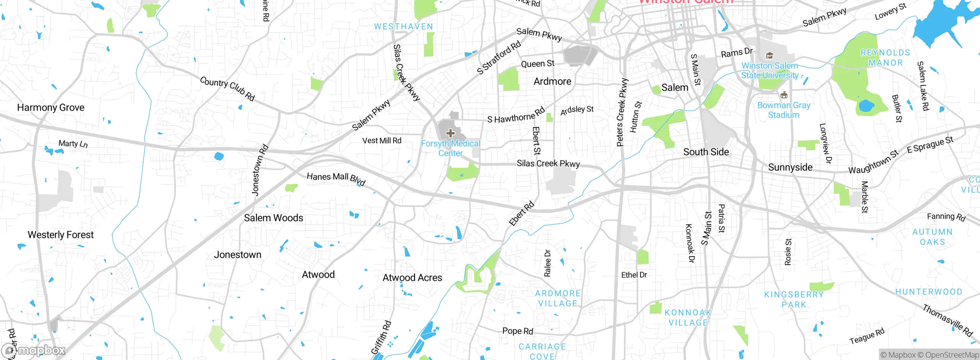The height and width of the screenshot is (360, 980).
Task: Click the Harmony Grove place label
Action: [51, 108]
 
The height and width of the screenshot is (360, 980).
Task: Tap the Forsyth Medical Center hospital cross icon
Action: [451, 133]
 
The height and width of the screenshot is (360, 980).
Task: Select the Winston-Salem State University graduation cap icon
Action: [769, 56]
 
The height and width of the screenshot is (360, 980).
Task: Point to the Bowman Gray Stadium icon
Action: [784, 95]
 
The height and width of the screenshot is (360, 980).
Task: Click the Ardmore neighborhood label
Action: [552, 82]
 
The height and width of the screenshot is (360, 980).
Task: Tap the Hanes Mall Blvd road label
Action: [336, 178]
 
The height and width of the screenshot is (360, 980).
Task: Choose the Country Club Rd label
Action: [227, 88]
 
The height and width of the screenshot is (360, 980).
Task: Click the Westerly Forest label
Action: [60, 235]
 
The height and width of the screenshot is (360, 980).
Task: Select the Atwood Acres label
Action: [412, 278]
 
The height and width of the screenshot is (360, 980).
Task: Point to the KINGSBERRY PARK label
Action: [794, 299]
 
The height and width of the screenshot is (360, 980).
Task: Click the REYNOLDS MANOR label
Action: [885, 58]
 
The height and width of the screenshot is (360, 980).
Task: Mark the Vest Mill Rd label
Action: [382, 141]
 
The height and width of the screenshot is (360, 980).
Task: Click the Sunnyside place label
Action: [790, 167]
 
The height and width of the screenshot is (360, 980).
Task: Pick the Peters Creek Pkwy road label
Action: [622, 113]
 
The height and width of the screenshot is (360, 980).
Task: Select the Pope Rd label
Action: [518, 331]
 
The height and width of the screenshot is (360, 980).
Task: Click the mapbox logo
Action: [34, 350]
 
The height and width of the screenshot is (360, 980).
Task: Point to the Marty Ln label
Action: [73, 144]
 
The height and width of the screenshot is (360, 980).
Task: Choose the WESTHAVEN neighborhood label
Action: [403, 27]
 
